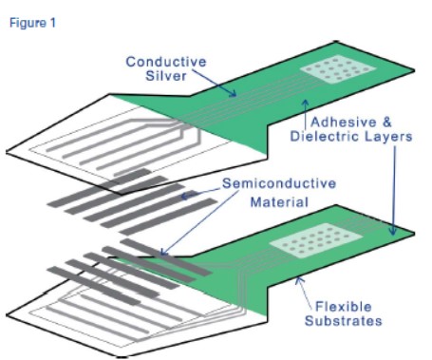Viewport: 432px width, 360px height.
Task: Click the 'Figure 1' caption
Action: coord(32,23)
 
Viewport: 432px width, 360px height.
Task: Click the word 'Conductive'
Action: coord(166,62)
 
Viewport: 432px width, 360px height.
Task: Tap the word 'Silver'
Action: coord(166,76)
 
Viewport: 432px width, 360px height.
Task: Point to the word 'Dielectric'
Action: coord(325,137)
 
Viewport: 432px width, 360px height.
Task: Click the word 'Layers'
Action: coord(388,137)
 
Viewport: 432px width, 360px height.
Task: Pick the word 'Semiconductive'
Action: coord(279,183)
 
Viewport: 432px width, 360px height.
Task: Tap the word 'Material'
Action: coord(279,202)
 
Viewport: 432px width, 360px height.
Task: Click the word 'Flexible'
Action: coord(344,307)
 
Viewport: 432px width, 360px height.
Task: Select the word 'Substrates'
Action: coord(344,321)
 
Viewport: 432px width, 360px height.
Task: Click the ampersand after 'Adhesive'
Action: coord(387,123)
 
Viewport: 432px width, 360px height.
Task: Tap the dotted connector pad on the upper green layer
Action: coord(338,69)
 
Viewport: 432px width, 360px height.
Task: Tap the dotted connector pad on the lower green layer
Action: coord(315,239)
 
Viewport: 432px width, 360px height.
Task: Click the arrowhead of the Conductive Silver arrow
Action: coord(234,94)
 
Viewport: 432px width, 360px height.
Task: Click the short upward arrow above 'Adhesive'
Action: coord(306,115)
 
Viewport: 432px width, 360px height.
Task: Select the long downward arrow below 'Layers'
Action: coord(394,191)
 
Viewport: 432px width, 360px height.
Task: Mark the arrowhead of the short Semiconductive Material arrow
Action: coord(184,196)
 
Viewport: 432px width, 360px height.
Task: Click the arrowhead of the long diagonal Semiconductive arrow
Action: coord(163,253)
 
